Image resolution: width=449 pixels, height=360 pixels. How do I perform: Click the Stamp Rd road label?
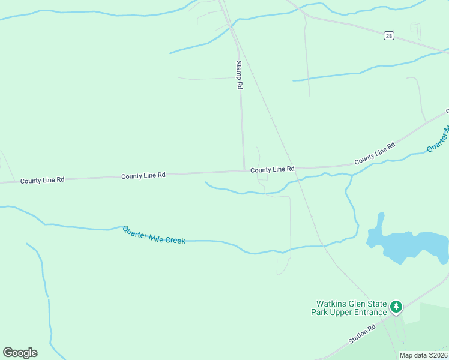(x=239, y=75)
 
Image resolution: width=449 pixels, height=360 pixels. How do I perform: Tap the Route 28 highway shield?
(x=389, y=36)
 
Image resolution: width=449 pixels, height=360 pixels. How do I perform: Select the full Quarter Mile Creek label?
(x=154, y=235)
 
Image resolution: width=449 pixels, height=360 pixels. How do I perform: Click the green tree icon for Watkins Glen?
(x=396, y=307)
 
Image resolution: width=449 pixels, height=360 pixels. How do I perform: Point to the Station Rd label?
(x=362, y=334)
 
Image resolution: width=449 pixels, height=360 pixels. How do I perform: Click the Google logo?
(x=20, y=353)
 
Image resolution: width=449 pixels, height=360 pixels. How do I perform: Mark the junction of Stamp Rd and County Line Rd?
(x=244, y=170)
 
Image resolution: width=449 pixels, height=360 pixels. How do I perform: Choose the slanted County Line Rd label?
(x=375, y=154)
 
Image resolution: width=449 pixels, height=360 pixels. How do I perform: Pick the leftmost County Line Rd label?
(x=42, y=180)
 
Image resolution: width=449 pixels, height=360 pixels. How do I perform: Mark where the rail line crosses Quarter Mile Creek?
(x=322, y=245)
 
